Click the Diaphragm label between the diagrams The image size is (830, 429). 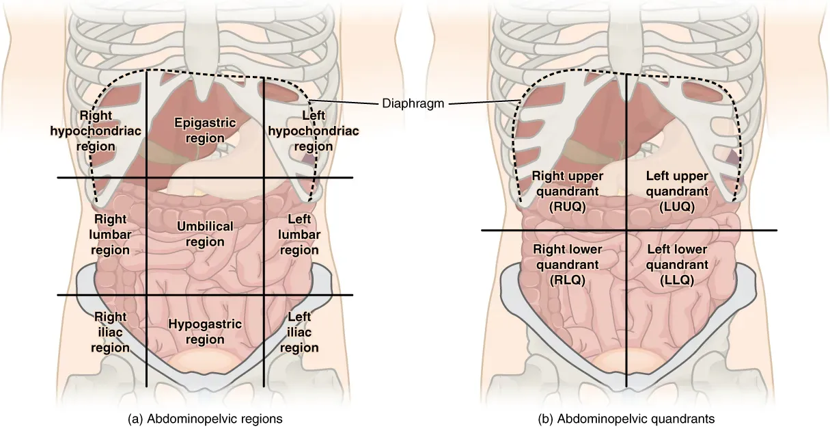point(413,104)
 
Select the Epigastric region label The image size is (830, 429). point(205,130)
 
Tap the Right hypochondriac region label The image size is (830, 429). point(96,130)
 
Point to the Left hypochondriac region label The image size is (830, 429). point(305,131)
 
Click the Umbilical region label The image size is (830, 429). point(205,233)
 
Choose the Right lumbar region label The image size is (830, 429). point(111,235)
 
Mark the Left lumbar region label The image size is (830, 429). point(299,235)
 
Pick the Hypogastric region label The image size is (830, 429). point(205,332)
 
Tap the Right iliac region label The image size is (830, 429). point(111,332)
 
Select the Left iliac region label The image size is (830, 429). point(299,332)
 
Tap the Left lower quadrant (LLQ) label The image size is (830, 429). point(677,264)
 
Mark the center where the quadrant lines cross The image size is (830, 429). point(627,230)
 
